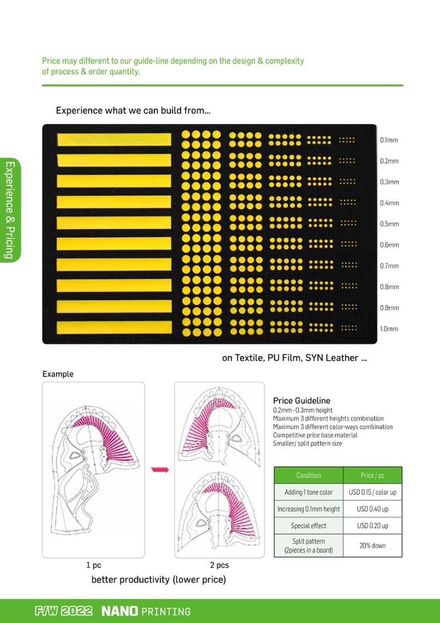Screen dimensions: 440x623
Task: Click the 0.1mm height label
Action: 389,140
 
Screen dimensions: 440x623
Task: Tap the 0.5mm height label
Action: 389,223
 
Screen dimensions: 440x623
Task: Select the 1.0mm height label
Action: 389,329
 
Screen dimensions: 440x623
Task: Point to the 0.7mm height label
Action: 389,266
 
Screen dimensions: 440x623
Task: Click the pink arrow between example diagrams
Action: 160,470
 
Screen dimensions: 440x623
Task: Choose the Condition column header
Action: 309,475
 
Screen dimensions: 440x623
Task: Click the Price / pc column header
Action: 372,475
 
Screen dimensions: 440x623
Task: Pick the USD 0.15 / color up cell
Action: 372,492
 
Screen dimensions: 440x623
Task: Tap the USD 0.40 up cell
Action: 372,509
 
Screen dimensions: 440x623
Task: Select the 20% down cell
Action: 372,545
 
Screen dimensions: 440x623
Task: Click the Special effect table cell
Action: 309,526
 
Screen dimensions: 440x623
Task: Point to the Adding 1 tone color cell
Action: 309,492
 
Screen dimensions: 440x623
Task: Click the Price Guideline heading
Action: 302,401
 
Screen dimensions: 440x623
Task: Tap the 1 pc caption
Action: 94,565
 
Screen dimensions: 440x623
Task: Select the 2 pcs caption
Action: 219,565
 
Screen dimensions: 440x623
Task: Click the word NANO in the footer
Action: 119,611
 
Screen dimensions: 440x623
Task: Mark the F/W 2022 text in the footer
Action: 64,611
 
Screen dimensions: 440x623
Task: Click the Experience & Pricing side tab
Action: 10,210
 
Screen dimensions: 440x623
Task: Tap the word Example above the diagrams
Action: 58,374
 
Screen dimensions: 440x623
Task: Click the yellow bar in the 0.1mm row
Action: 114,139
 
